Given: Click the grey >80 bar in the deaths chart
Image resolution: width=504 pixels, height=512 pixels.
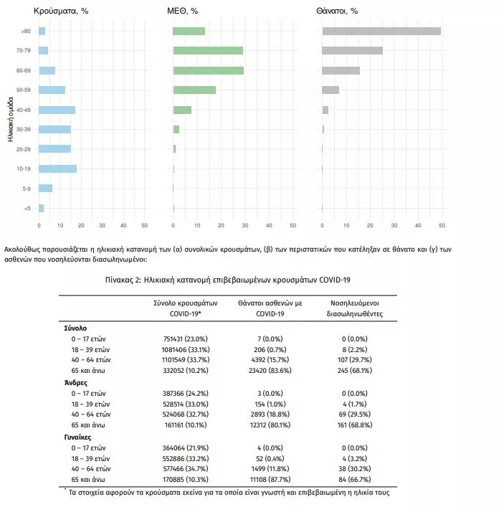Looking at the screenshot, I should pos(381,31).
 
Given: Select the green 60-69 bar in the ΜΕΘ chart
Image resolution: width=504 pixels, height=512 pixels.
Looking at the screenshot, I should pos(208,70).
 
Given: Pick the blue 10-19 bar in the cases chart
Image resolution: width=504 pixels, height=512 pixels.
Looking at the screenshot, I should pos(57,169).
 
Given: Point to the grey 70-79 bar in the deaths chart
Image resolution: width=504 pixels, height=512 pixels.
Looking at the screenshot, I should pos(352,51).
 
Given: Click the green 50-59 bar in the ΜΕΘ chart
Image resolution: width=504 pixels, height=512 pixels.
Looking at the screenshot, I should pos(194,90).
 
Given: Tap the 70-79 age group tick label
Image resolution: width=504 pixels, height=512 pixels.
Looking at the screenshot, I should pos(24,51).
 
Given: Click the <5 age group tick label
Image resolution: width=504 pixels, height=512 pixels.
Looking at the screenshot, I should pos(27,208).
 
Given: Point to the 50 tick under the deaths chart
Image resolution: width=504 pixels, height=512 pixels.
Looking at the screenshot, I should pos(442,225).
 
